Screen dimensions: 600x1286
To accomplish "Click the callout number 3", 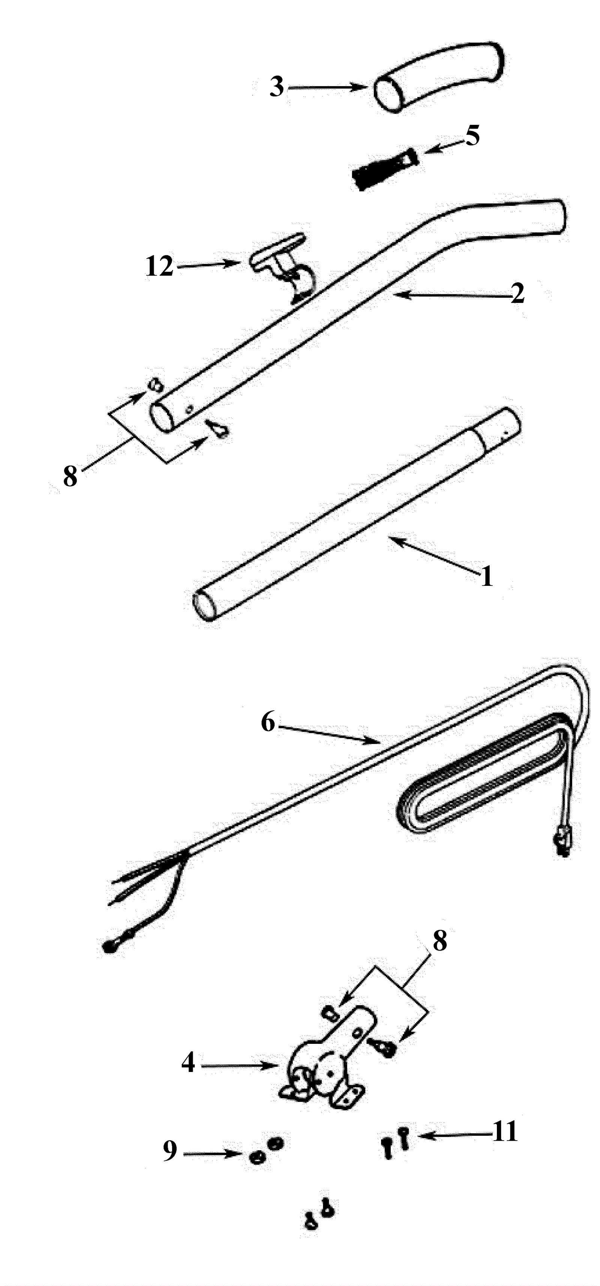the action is [x=277, y=88].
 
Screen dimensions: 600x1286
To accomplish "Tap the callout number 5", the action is [x=472, y=135].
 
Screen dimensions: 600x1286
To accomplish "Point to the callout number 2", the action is [x=517, y=295].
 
